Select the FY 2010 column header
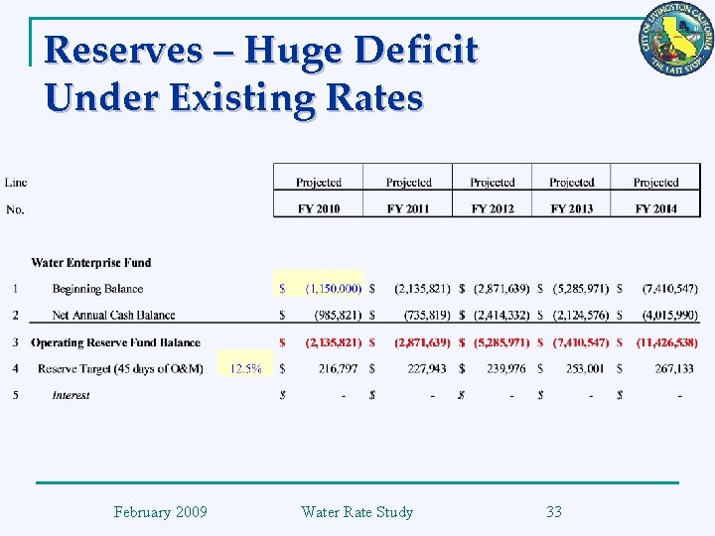click(318, 208)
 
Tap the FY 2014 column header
click(656, 208)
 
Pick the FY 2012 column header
click(493, 208)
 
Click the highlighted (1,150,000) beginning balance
click(334, 289)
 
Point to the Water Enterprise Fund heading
click(91, 263)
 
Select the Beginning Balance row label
click(97, 289)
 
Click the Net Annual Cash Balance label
click(113, 316)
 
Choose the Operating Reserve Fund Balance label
click(115, 342)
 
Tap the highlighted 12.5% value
click(246, 368)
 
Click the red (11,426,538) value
click(666, 342)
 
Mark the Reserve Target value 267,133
click(674, 368)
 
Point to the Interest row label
click(71, 395)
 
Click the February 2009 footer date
click(161, 512)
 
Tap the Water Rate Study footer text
click(357, 512)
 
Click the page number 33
click(554, 512)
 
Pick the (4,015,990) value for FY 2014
click(669, 316)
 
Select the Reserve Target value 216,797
click(341, 368)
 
